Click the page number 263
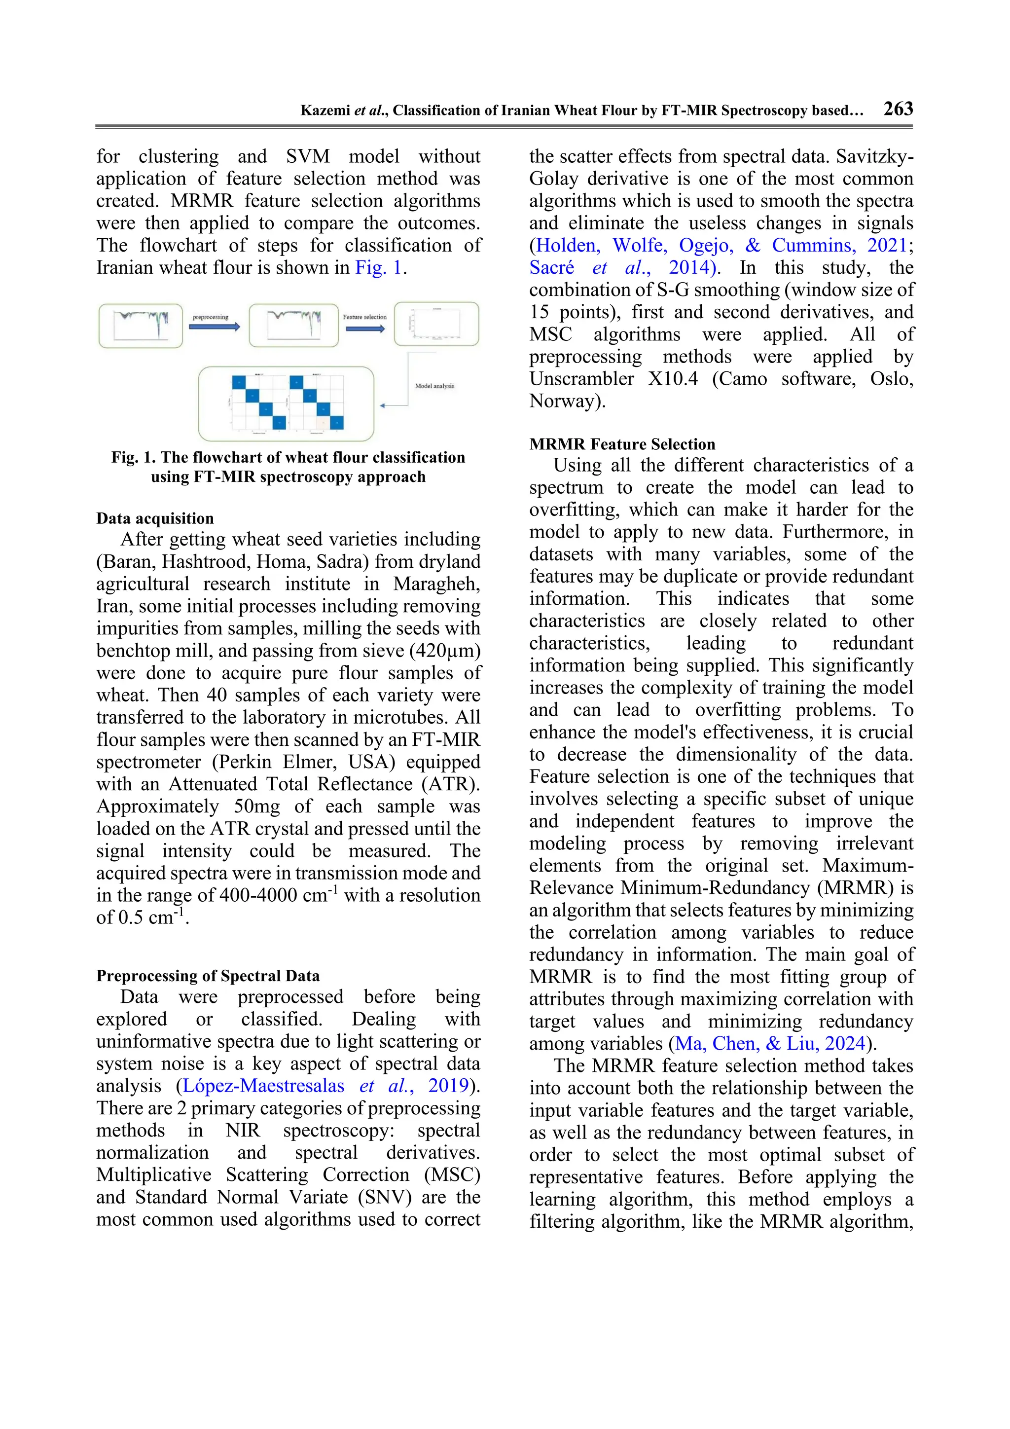point(898,109)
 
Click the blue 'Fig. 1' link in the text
point(379,268)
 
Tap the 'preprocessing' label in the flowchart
point(211,317)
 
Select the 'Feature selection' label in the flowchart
point(364,317)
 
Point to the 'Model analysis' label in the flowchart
point(434,386)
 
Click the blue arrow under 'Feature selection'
point(365,328)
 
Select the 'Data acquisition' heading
point(155,518)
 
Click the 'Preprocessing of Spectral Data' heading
point(208,975)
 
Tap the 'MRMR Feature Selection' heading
point(622,444)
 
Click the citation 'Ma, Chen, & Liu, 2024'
point(770,1043)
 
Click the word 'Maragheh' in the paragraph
point(435,584)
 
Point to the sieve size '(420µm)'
point(445,651)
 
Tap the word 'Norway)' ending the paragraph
point(567,401)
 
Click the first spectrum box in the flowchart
point(141,325)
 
